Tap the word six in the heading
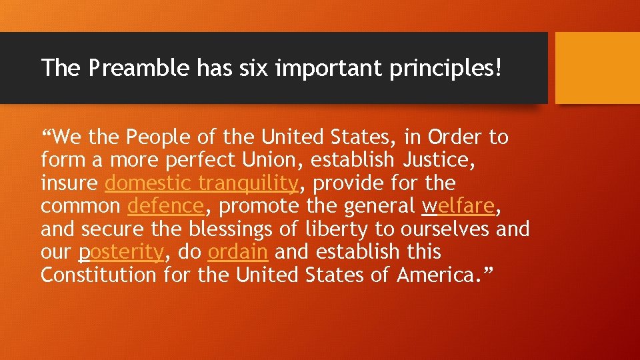[x=234, y=67]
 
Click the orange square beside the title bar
[x=597, y=68]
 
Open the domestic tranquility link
[x=201, y=183]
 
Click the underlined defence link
[x=165, y=206]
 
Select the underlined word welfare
[x=459, y=206]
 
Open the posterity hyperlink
[x=121, y=252]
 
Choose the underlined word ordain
[x=238, y=252]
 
